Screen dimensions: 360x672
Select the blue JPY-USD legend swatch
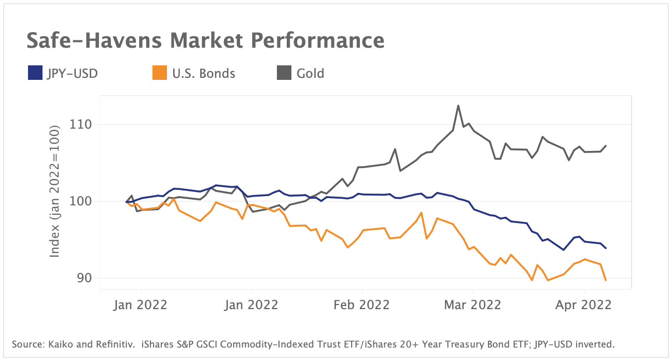[34, 74]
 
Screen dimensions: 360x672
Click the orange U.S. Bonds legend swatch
[159, 74]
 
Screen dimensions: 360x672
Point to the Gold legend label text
[310, 74]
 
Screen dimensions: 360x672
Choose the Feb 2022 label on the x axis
[361, 304]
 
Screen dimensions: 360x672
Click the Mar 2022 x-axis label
[473, 304]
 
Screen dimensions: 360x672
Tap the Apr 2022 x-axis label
[584, 304]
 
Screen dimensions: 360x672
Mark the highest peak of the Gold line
[458, 105]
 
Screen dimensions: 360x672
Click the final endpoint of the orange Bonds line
[606, 280]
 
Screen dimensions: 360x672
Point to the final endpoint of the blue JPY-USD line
[606, 248]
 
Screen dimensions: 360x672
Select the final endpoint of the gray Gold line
[606, 146]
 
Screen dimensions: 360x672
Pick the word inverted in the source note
[596, 344]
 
